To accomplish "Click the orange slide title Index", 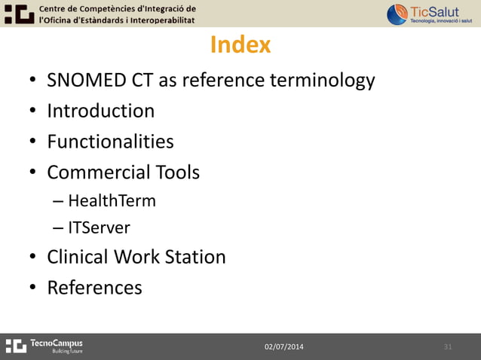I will tap(240, 45).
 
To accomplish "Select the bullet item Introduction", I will tap(100, 111).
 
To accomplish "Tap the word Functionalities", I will tap(110, 142).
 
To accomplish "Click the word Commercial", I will tap(99, 172).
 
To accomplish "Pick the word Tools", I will tap(178, 172).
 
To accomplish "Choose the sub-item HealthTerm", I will tap(112, 201).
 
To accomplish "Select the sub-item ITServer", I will tap(99, 227).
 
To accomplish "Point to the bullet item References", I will tap(94, 288).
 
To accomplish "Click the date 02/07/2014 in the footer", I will tap(284, 346).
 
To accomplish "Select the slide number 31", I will tap(448, 346).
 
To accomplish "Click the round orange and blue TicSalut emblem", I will tap(397, 14).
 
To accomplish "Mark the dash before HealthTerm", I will tap(59, 202).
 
